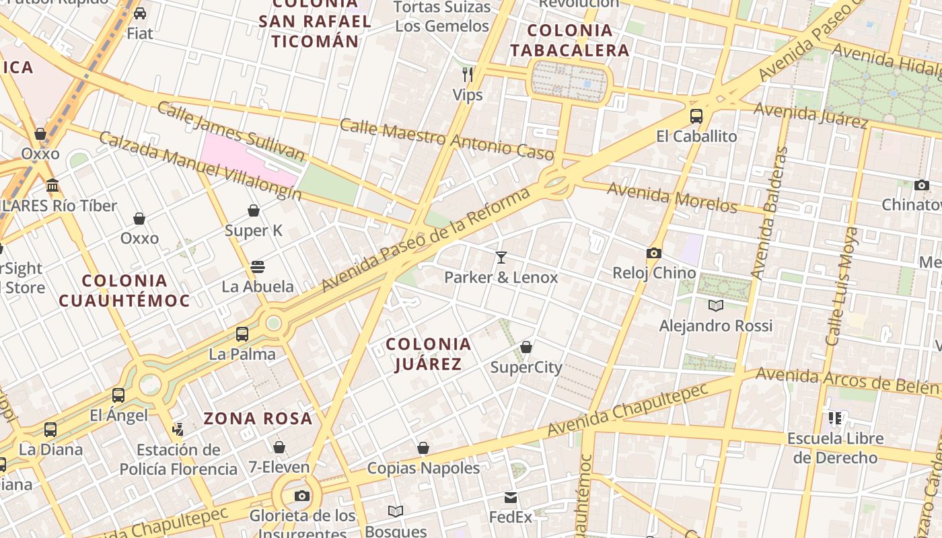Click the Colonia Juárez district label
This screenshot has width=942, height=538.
click(429, 354)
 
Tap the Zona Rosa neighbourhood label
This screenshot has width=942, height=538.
click(258, 418)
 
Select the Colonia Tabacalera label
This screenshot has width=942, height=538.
click(569, 40)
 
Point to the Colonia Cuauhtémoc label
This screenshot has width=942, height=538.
click(124, 291)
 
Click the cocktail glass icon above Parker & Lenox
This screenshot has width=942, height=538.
click(501, 257)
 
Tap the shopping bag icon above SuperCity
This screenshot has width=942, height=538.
click(526, 347)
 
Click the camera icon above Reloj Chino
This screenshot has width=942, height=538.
click(653, 254)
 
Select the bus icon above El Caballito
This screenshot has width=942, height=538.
click(696, 116)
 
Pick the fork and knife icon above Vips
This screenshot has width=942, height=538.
click(468, 74)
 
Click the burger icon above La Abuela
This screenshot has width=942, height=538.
click(258, 266)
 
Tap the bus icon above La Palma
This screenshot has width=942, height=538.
click(242, 334)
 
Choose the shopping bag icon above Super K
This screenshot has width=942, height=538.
click(254, 210)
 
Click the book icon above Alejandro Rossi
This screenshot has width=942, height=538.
click(716, 306)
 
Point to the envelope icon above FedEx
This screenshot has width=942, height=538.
click(511, 498)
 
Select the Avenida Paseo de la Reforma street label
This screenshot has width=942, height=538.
click(426, 241)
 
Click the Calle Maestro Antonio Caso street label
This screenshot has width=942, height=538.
click(447, 139)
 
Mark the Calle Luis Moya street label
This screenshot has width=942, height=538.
click(842, 286)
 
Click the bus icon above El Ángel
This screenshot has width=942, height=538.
click(118, 395)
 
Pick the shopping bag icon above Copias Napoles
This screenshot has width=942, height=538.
click(423, 448)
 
